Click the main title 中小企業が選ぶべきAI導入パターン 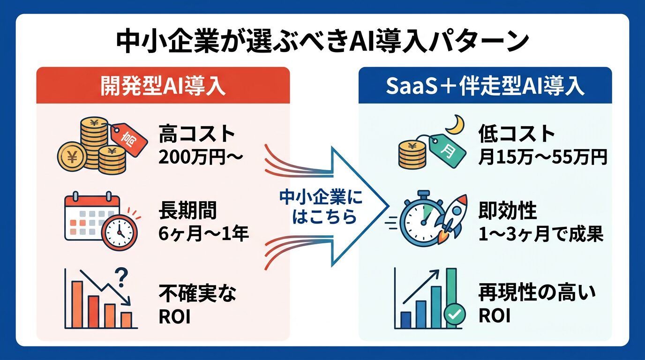tap(322, 42)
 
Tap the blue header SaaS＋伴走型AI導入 tap(485, 86)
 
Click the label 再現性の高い tap(536, 294)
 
